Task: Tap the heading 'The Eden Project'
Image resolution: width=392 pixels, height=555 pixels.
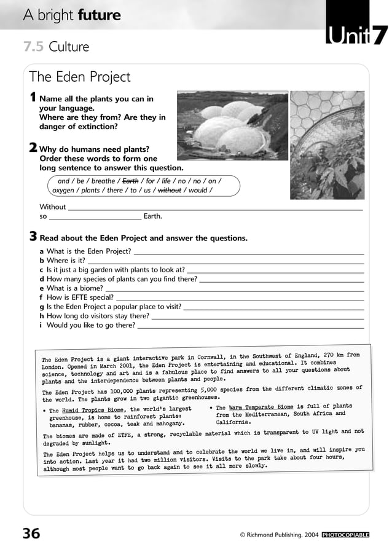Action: (x=80, y=77)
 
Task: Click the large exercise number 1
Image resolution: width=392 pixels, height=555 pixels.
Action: (x=33, y=98)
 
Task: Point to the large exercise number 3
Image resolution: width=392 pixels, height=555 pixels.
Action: (x=33, y=237)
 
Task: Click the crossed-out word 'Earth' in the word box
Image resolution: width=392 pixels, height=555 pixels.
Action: (x=130, y=181)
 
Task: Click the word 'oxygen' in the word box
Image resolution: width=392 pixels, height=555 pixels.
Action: (x=65, y=191)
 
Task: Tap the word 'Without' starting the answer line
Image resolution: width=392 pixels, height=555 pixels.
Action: (x=52, y=207)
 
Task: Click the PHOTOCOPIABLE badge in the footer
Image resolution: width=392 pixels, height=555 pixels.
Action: (x=345, y=535)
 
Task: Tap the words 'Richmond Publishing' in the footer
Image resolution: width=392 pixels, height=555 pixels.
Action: (x=274, y=535)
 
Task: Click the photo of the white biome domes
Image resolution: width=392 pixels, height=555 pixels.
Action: (x=232, y=126)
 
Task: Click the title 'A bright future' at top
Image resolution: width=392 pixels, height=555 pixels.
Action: (x=72, y=15)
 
